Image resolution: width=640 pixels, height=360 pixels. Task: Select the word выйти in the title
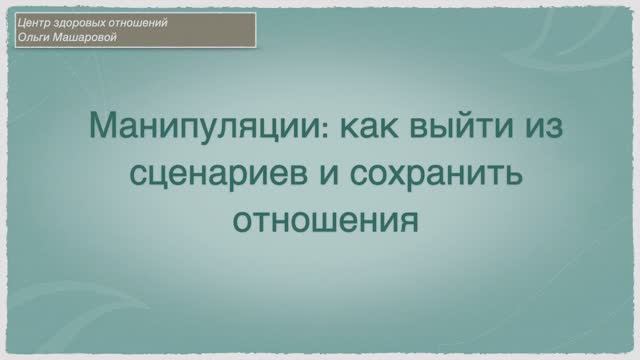click(x=460, y=129)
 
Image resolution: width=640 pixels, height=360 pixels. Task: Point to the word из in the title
click(x=536, y=129)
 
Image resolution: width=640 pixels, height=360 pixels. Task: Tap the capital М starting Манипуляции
click(x=103, y=128)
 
